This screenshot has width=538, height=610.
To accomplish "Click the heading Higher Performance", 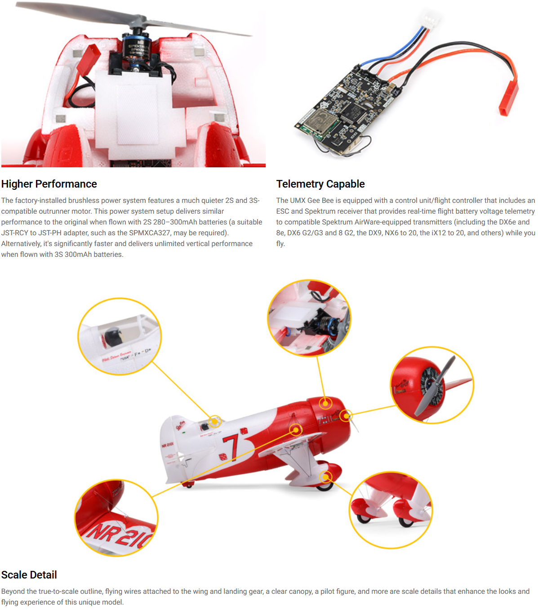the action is [49, 184].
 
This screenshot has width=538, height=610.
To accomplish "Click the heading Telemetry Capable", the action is [320, 184].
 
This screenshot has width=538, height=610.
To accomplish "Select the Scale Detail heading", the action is [29, 575].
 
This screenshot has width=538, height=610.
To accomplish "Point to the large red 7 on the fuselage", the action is [231, 448].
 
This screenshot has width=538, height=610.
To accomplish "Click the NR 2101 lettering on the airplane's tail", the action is [167, 445].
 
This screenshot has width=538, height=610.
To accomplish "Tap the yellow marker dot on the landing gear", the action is [325, 477].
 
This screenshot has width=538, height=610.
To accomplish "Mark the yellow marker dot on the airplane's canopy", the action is [214, 421].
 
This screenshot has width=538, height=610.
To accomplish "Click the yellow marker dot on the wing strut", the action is [296, 430].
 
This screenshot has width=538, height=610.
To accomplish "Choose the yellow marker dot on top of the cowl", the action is [325, 403].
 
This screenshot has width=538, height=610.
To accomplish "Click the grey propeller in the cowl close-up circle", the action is [435, 386].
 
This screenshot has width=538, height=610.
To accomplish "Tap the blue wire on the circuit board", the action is [391, 52].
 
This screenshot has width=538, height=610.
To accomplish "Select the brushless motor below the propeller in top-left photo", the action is [136, 49].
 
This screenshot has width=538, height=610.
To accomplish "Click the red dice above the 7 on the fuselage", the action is [244, 431].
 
